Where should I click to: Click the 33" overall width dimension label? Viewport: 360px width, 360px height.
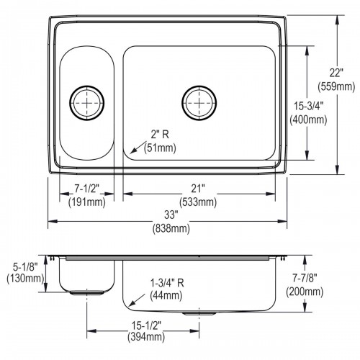170,215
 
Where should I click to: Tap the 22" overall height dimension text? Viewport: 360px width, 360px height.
336,73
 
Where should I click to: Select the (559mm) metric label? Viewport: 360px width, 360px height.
336,86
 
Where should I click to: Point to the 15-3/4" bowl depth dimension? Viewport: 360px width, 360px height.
309,106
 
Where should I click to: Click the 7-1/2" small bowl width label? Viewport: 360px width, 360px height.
86,189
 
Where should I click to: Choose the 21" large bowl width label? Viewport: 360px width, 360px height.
198,189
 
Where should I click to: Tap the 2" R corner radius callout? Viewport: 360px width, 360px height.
160,135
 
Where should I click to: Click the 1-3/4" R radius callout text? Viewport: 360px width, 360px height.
167,283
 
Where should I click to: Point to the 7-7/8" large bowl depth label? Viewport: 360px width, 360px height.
305,278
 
